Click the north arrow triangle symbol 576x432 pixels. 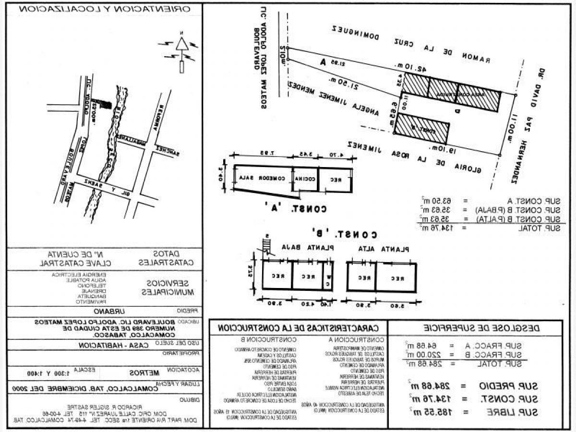[x=182, y=44]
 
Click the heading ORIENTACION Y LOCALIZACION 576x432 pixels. [x=105, y=9]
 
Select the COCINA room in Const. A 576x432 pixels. [x=306, y=179]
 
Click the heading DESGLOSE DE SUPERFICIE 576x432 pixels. [x=475, y=328]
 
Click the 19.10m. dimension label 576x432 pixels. [x=443, y=149]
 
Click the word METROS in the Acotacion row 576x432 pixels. [x=144, y=372]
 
